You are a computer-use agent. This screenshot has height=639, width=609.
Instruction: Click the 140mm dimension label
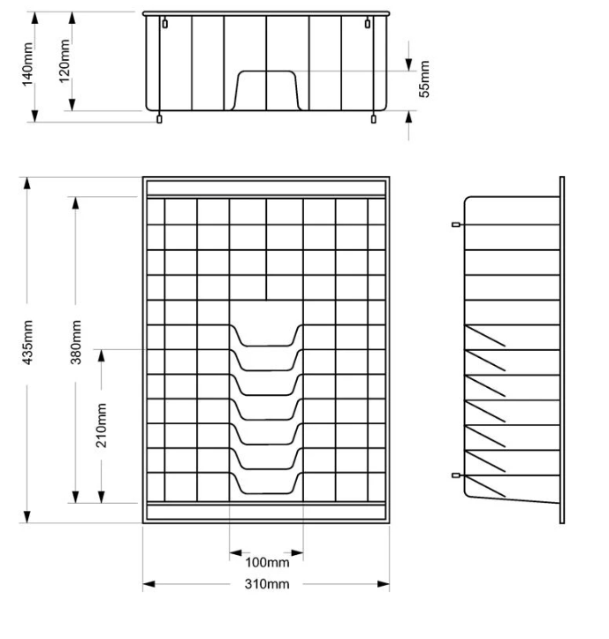27,65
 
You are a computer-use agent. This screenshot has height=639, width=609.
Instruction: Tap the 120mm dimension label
65,61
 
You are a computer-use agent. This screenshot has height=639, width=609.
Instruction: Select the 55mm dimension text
424,79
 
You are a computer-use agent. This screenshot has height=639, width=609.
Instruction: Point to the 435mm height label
27,342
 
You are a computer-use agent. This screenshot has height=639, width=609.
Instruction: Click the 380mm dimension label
76,342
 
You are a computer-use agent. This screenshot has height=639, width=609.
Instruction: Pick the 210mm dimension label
101,425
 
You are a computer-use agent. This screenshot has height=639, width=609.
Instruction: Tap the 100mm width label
267,562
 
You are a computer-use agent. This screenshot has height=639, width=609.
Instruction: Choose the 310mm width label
267,584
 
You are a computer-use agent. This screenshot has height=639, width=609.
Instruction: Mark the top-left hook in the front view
164,23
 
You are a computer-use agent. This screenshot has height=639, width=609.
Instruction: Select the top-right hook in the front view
368,23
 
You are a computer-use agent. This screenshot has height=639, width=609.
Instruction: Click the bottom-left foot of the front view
159,118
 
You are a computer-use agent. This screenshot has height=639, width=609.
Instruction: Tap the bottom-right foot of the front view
373,118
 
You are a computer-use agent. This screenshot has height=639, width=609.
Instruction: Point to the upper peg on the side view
456,224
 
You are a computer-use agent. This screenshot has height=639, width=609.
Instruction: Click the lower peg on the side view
456,475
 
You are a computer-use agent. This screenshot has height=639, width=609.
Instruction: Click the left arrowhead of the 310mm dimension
148,584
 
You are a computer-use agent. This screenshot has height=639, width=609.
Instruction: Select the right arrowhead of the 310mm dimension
384,584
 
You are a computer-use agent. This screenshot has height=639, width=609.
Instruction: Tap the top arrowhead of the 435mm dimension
27,183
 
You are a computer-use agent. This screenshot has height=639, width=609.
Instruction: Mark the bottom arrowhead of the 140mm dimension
35,116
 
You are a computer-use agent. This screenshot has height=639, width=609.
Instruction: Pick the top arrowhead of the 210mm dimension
102,356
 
